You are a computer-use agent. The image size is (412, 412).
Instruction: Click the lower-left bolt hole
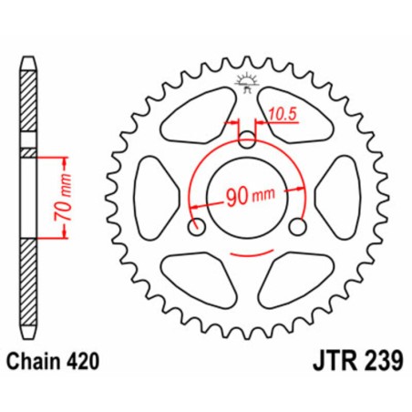tap(193, 226)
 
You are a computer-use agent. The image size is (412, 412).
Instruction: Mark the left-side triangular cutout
tap(151, 191)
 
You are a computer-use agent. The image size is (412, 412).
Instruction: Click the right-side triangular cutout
tap(341, 191)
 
